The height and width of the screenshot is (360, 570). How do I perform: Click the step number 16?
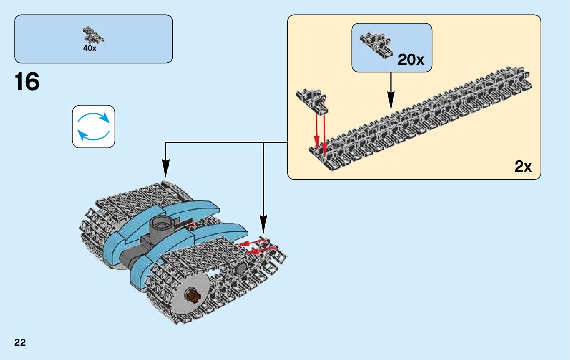[27, 82]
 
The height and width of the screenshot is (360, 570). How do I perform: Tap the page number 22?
[20, 342]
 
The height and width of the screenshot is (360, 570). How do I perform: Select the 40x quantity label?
[89, 49]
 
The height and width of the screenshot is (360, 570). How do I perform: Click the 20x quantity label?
[411, 60]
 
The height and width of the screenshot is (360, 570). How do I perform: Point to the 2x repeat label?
[523, 166]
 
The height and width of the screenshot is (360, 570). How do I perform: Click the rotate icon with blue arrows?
[93, 126]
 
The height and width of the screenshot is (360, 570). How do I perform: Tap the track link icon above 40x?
[93, 36]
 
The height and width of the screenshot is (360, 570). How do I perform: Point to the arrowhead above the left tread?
[165, 167]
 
